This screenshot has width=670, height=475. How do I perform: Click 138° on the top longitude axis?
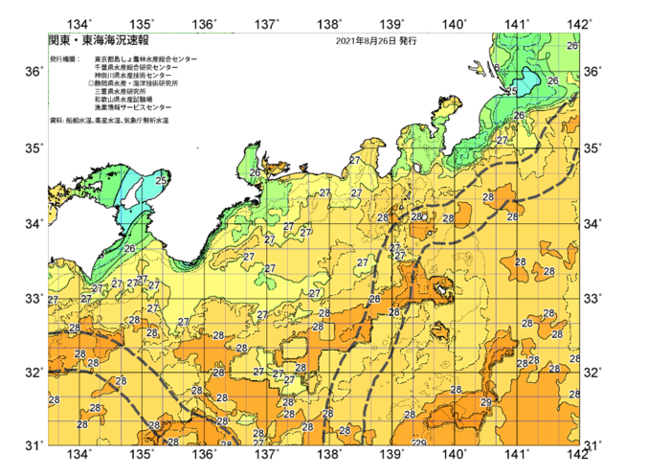331,24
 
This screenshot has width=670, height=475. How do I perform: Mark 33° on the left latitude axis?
33,299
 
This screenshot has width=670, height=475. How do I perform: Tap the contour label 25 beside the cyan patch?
511,92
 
